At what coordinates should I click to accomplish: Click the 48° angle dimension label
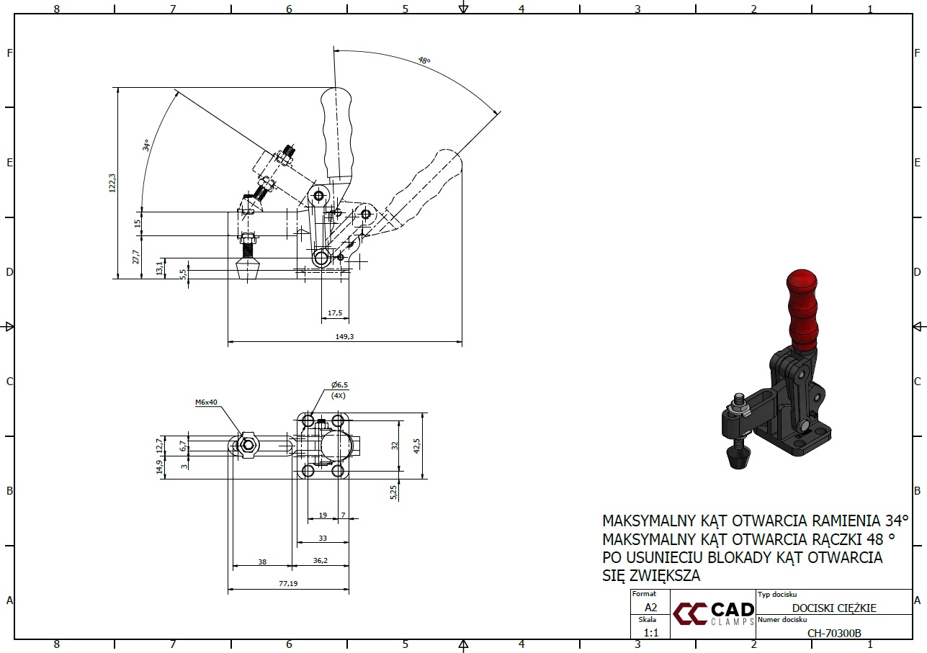424,60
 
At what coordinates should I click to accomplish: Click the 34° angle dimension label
146,145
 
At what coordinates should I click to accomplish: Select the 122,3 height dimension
111,183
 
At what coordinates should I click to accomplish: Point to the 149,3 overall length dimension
344,336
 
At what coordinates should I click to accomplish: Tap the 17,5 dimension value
334,313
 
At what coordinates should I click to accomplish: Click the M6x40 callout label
206,402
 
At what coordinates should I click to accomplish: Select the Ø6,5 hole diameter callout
339,385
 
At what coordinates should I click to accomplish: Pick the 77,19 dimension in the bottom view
288,583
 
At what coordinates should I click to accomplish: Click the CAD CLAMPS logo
713,614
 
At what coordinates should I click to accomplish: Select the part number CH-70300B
834,634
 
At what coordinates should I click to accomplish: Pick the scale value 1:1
650,633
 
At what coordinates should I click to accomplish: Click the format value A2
650,607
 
